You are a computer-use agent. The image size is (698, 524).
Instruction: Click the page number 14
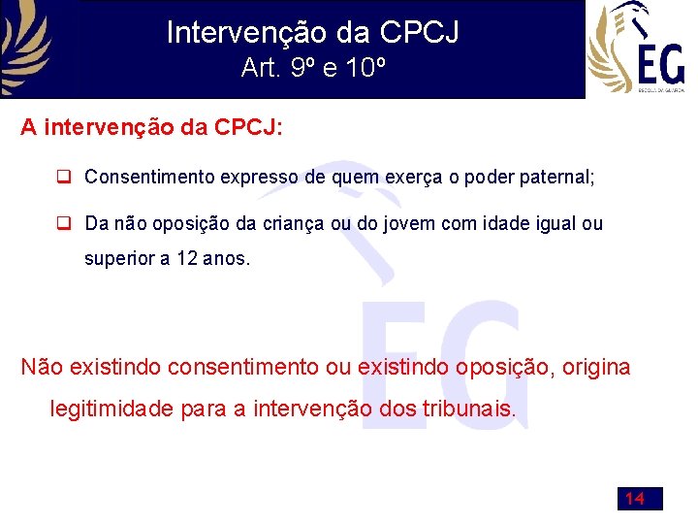point(635,499)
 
